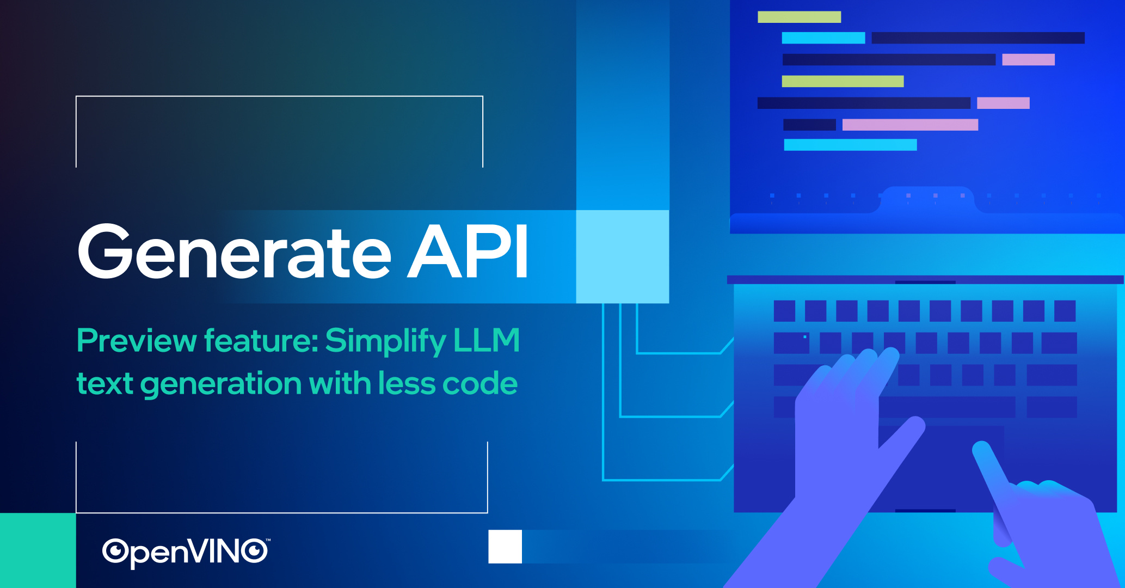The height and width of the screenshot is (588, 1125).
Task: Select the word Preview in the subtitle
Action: click(x=136, y=341)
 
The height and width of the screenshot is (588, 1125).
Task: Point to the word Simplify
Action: click(x=385, y=341)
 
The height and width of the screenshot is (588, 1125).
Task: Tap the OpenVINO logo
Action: click(x=185, y=552)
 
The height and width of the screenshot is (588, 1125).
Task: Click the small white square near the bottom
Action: click(x=505, y=547)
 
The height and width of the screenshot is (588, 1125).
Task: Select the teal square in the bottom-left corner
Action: click(x=38, y=550)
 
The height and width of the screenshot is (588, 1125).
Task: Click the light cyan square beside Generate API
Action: click(x=622, y=256)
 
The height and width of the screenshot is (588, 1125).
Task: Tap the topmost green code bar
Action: click(x=799, y=17)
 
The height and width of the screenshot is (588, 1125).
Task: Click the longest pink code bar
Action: click(x=910, y=125)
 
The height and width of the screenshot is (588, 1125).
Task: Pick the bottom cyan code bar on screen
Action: click(x=850, y=145)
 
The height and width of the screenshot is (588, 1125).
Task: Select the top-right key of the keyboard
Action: click(x=1065, y=311)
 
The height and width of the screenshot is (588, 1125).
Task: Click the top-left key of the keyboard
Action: click(x=784, y=311)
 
